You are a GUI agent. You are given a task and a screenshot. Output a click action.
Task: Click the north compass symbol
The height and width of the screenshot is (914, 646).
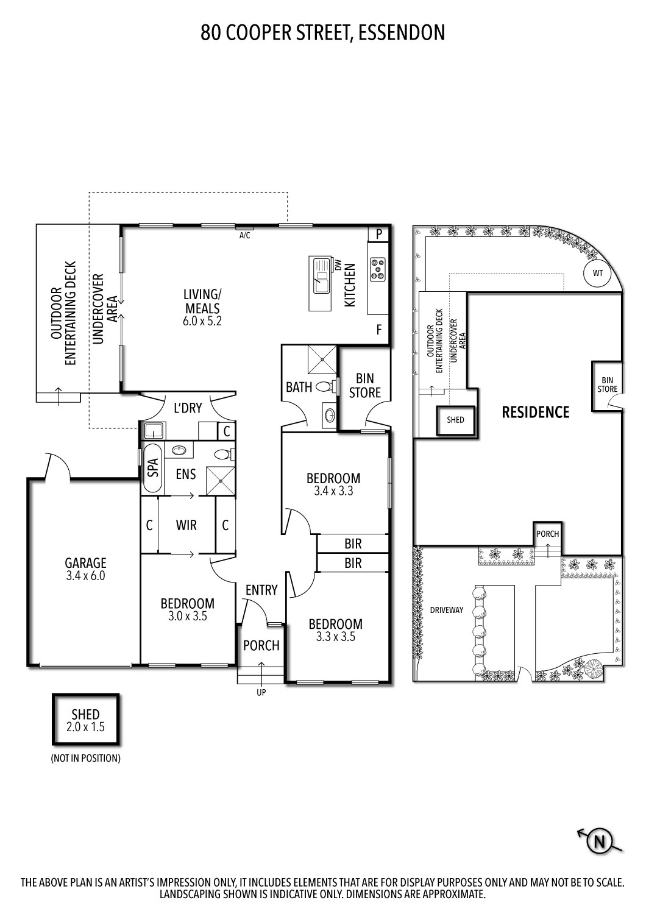pos(599,842)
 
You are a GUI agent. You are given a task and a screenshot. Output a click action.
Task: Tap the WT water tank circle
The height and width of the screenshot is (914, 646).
pos(597,274)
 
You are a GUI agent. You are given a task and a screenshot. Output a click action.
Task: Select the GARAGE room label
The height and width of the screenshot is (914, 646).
pos(85,563)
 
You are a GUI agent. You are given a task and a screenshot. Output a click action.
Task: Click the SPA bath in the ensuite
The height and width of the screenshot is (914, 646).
pos(152,468)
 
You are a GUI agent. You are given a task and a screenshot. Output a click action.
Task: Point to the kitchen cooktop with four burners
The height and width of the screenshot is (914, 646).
pos(378,269)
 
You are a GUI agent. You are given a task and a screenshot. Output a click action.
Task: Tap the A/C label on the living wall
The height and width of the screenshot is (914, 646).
pos(244,235)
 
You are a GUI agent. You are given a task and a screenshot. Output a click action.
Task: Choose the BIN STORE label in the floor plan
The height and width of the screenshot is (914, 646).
pos(365,386)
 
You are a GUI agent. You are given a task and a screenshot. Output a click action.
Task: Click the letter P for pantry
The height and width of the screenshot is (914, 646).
pos(378,234)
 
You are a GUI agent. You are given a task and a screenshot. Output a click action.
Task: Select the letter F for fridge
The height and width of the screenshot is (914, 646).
pos(378,330)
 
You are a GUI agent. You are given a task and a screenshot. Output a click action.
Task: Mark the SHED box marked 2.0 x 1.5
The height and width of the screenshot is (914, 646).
pos(85,720)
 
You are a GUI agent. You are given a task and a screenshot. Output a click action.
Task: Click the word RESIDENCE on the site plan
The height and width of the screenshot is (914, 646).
pos(535,413)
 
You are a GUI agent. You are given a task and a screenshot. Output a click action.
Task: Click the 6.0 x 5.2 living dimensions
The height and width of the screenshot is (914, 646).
pos(202,321)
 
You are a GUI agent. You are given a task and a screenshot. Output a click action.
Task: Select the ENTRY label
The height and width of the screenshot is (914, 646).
pos(261,590)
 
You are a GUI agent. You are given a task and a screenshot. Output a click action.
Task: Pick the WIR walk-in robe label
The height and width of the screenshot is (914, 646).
pos(186,525)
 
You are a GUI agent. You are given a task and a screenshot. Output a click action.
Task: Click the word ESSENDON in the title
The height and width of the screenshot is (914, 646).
pos(402,32)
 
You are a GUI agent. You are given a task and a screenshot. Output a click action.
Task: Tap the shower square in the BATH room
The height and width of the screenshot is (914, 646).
pos(321,360)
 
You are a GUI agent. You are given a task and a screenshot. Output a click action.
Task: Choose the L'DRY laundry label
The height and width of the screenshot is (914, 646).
pos(188,408)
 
